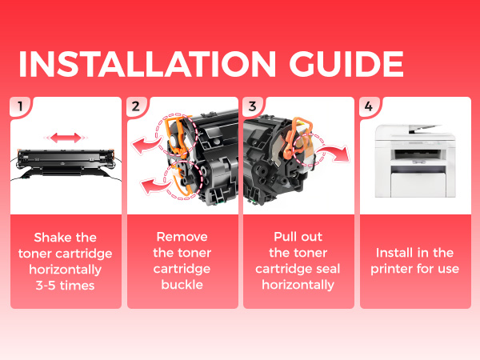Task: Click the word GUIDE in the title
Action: pos(346,64)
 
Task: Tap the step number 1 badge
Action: pos(21,106)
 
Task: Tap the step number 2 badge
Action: pos(136,106)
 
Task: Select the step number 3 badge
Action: pos(252,106)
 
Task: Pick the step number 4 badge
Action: pos(369,106)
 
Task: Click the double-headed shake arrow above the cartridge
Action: pos(66,138)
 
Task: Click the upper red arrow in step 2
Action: pos(146,145)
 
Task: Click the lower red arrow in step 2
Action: pos(154,186)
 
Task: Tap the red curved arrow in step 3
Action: pos(334,153)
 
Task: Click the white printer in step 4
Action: pos(415,161)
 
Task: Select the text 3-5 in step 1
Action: pos(46,286)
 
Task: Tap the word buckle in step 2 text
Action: pos(182,285)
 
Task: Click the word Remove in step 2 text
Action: pos(182,237)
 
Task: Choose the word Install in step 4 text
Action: pos(395,253)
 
